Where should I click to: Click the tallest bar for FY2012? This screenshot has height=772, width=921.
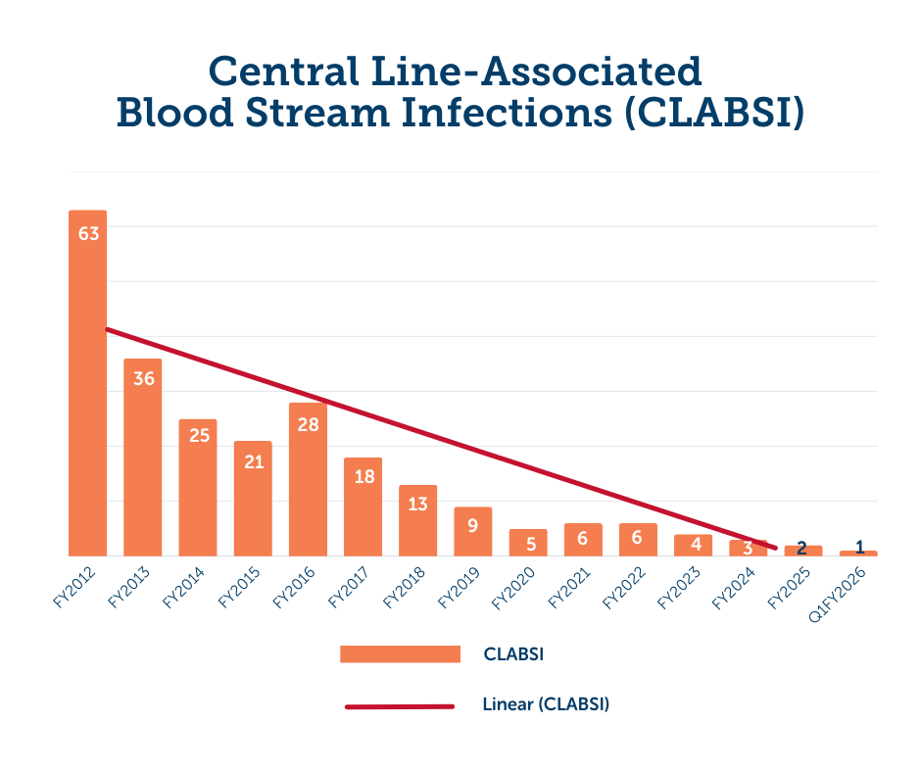tap(87, 392)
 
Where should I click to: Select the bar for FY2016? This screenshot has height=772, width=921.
tap(308, 480)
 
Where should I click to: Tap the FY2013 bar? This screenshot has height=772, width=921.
tap(143, 460)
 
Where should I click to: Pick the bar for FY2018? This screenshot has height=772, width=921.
tap(417, 524)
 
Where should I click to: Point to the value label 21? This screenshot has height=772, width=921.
tap(254, 461)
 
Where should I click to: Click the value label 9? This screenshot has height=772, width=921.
tap(472, 526)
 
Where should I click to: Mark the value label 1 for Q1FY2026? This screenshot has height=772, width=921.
tap(859, 547)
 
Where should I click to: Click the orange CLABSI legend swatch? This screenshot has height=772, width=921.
tap(400, 653)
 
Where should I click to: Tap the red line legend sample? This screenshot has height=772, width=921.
tap(400, 705)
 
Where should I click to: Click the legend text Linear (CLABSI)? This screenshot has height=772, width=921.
tap(546, 704)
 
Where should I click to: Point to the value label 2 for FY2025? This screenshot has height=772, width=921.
tap(801, 548)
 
